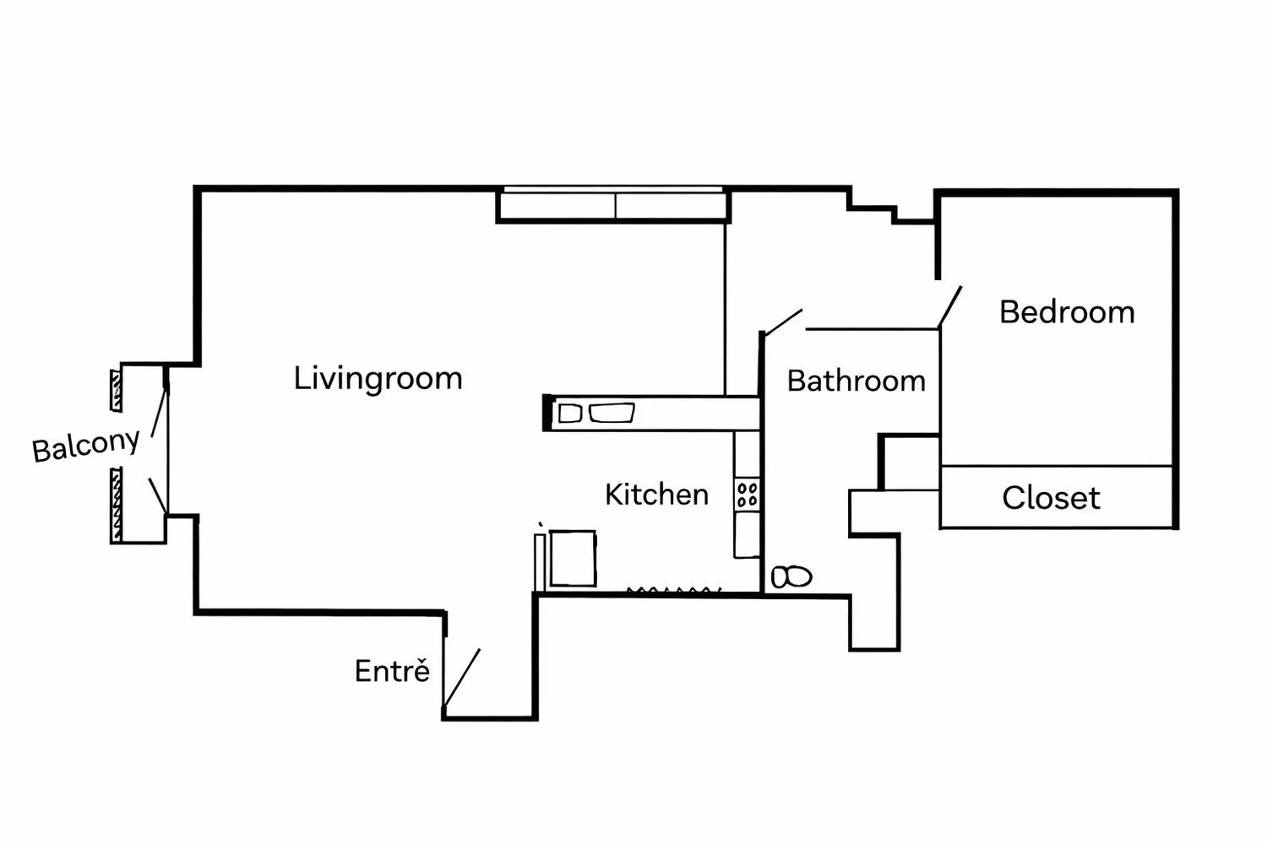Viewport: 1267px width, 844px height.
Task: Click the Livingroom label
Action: pyautogui.click(x=378, y=379)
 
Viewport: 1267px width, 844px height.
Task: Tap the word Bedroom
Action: pyautogui.click(x=1068, y=312)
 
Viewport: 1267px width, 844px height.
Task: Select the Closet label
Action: pyautogui.click(x=1051, y=498)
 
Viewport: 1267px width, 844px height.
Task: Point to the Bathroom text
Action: pyautogui.click(x=856, y=381)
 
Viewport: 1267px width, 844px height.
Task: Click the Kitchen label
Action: pyautogui.click(x=656, y=495)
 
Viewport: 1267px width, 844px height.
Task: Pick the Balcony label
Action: pyautogui.click(x=85, y=446)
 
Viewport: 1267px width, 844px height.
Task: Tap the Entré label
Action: pyautogui.click(x=392, y=670)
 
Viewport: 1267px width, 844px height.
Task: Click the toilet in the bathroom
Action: pyautogui.click(x=791, y=577)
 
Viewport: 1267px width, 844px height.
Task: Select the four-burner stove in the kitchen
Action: pyautogui.click(x=748, y=494)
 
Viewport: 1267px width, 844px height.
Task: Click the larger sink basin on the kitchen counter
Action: pyautogui.click(x=612, y=413)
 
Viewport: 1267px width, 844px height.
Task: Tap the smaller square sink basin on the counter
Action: pyautogui.click(x=569, y=414)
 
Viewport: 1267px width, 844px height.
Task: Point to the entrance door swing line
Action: pyautogui.click(x=462, y=677)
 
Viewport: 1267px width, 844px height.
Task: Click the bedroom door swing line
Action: pyautogui.click(x=950, y=307)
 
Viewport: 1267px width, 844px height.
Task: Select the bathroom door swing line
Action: pyautogui.click(x=783, y=322)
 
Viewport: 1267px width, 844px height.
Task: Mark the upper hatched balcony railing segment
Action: pyautogui.click(x=116, y=391)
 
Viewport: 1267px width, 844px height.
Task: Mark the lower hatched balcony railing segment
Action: pyautogui.click(x=116, y=505)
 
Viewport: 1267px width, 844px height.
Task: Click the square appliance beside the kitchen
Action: pyautogui.click(x=573, y=558)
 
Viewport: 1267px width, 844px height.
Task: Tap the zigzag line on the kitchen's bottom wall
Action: pyautogui.click(x=674, y=591)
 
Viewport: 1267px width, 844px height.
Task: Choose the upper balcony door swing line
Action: pyautogui.click(x=160, y=412)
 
